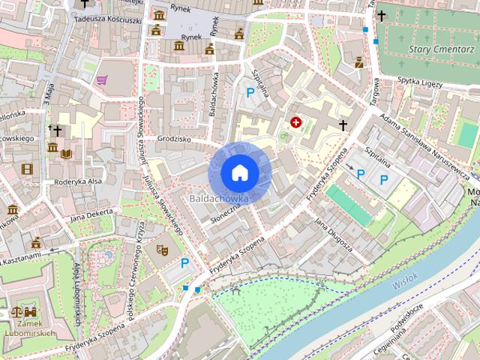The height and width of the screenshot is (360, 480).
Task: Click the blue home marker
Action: point(239,173)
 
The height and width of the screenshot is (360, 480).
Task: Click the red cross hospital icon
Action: point(296,121)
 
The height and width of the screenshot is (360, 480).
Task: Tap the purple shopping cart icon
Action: point(101,79)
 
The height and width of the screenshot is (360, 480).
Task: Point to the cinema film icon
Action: point(27,169)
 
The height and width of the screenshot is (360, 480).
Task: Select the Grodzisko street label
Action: point(174,139)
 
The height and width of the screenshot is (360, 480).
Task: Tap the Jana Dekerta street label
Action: point(90,214)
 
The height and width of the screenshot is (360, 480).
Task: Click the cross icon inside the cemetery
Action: point(381,16)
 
